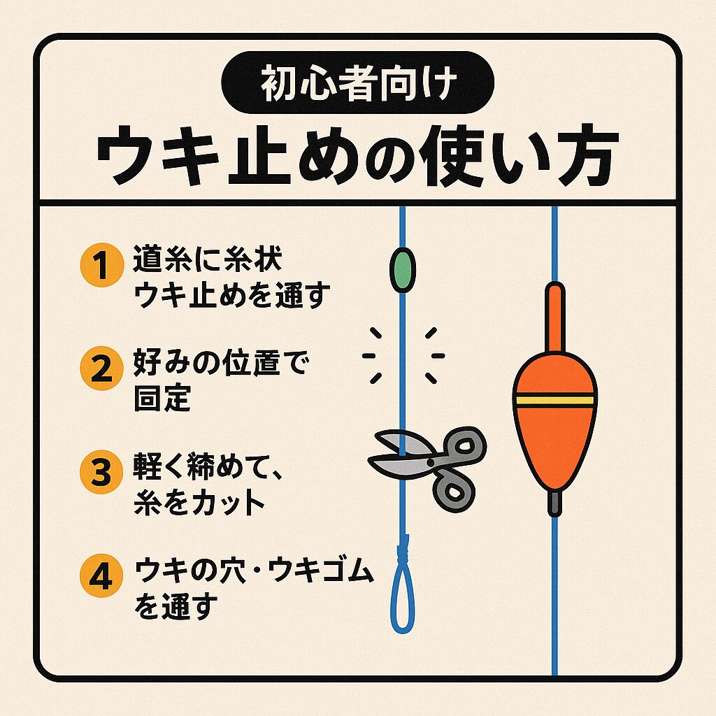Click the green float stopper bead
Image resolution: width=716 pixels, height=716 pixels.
402,268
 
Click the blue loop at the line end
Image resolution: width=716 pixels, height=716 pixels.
402,601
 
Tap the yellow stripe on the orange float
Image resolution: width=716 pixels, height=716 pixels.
554,400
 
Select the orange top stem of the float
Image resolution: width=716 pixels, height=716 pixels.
554,318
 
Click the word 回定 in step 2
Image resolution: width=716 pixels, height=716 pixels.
162,397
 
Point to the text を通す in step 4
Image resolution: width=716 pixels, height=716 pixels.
175,604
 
